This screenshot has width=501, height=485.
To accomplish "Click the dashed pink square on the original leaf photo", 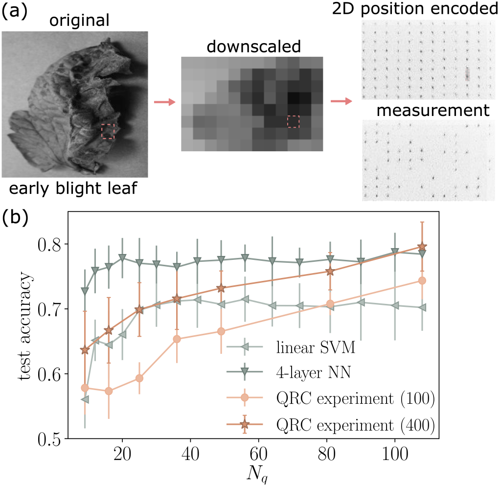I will pos(108,131).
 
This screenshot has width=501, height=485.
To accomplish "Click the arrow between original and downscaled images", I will pos(164,102).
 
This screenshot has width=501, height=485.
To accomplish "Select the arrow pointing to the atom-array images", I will pos(341,102).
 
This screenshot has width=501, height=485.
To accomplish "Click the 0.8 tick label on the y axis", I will pos(52,244).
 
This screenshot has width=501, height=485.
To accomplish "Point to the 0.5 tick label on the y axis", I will pos(52,439).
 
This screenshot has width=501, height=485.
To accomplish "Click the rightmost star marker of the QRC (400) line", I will pos(422,247).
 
